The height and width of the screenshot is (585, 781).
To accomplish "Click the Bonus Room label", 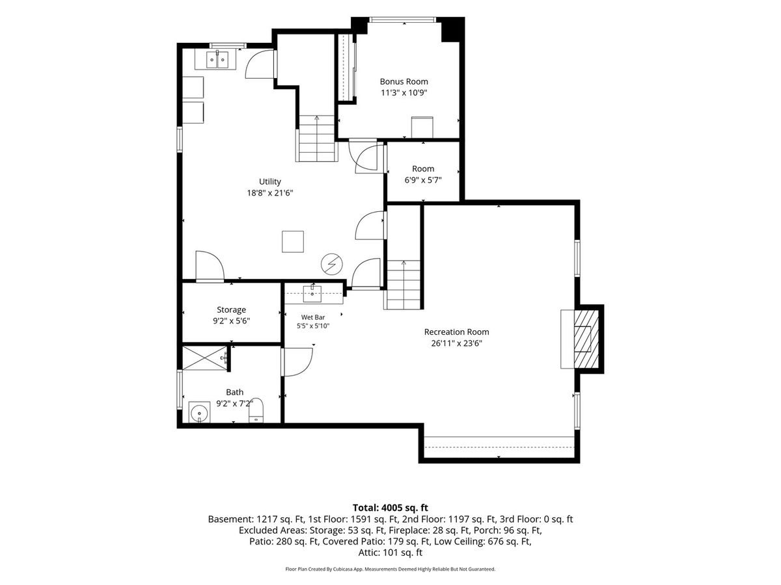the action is pos(404,82).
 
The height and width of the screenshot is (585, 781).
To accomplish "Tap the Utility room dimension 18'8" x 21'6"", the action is pos(269,193).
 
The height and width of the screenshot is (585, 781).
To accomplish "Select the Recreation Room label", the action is pos(456,332).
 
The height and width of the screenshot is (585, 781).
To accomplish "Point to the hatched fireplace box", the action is pos(586,339).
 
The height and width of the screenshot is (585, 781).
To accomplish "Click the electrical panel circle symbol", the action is pos(332,265).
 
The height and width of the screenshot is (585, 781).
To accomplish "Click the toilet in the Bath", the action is pos(256,410).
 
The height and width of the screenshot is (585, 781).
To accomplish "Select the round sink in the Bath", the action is pos(199,412).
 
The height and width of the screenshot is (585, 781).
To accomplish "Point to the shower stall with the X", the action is pos(204,358).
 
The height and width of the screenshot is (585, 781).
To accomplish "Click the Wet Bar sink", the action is pos(312,294).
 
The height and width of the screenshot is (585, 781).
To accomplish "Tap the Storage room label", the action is pos(231,310).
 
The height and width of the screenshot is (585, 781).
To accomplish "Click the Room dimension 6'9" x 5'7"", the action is pos(422,181).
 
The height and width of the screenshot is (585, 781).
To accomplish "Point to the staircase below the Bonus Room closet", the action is pos(316,138).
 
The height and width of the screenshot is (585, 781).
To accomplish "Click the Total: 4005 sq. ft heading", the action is pos(390,508).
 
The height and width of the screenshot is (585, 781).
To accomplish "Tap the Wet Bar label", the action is pos(313,318).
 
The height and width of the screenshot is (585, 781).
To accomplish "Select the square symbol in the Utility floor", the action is pos(293,242).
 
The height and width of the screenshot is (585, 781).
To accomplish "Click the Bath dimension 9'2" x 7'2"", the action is pos(235,404).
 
